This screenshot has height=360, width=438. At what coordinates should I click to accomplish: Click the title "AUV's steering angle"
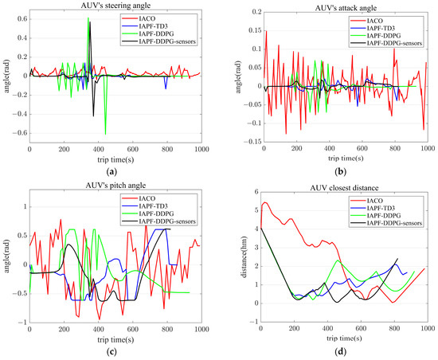pos(115,6)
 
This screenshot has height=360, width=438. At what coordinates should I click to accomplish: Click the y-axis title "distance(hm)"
pos(244,255)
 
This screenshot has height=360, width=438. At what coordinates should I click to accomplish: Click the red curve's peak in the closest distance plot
pos(266,202)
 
